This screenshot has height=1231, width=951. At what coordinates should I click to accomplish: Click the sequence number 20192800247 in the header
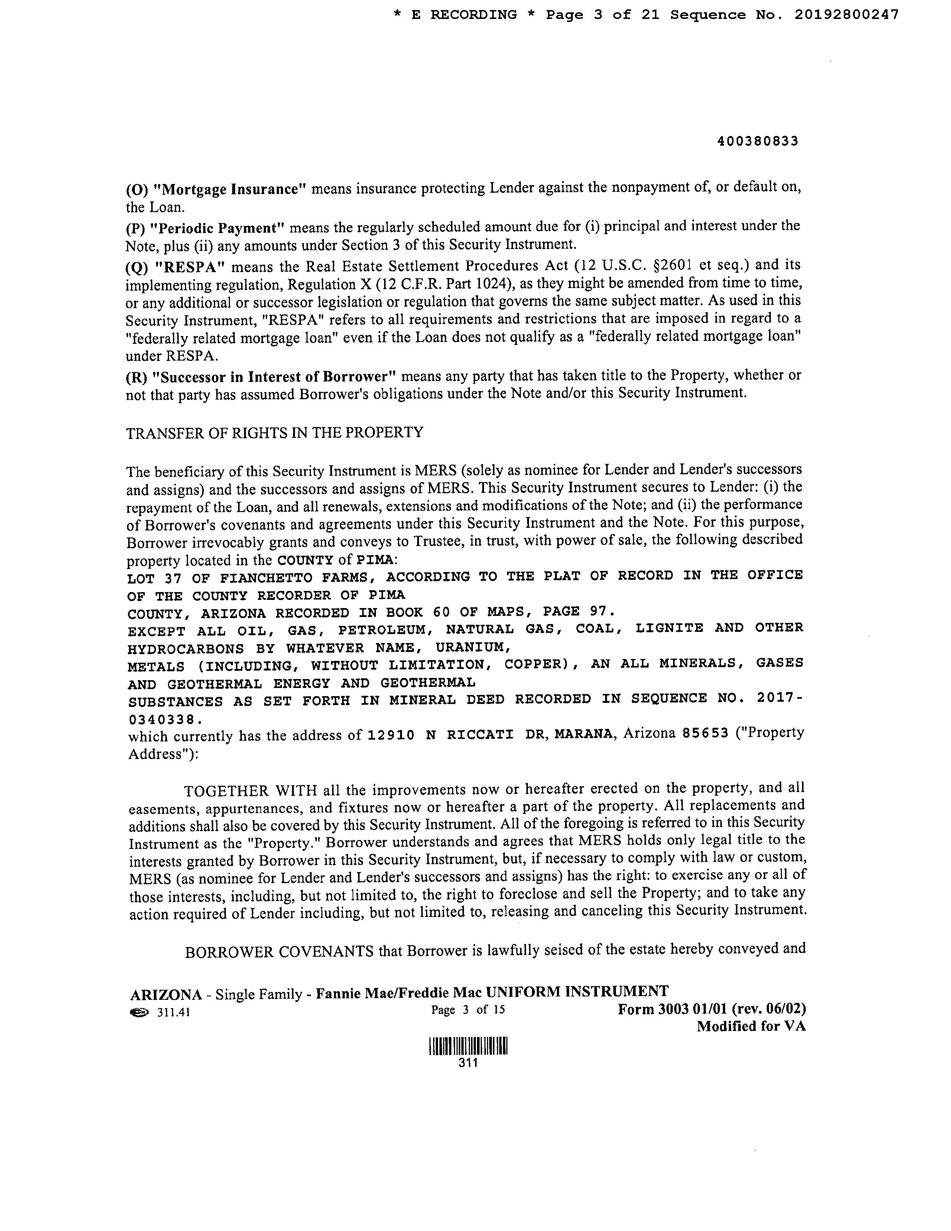coord(846,15)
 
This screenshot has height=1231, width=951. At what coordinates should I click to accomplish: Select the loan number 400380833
coord(758,142)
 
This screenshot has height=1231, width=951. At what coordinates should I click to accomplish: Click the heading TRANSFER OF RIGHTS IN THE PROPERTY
coord(275,432)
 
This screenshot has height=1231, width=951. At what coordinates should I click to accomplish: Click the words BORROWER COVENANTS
coord(279,952)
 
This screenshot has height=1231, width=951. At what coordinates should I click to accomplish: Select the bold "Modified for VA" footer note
coord(751,1026)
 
